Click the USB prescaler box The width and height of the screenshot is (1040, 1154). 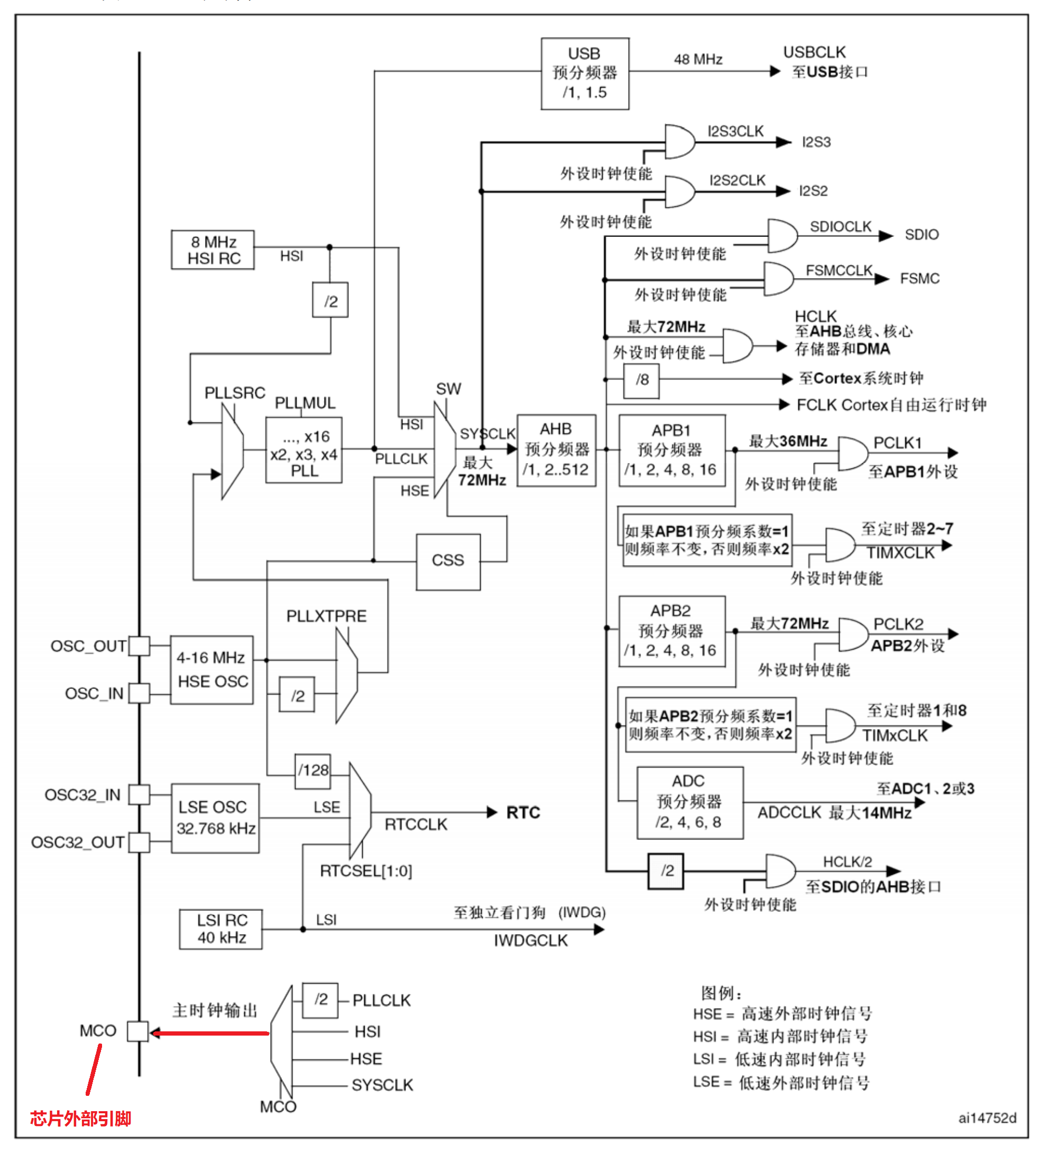click(585, 73)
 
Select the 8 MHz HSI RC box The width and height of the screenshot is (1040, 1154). click(213, 250)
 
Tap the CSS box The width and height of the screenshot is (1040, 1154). click(448, 562)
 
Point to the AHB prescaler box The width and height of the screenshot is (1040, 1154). click(556, 450)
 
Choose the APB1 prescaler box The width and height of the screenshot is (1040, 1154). click(672, 450)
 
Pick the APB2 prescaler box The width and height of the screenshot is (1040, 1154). click(672, 631)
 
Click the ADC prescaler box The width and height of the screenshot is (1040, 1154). click(689, 802)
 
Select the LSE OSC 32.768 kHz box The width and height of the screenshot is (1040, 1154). click(215, 818)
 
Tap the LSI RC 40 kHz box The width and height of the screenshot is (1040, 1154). click(220, 929)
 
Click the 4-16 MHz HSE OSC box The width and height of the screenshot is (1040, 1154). click(211, 670)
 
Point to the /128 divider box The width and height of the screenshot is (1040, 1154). click(312, 771)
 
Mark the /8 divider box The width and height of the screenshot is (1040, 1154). click(641, 381)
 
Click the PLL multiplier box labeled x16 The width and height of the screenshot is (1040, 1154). click(304, 450)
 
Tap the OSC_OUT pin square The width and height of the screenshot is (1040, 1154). click(139, 646)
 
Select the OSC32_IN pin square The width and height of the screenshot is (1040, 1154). click(139, 794)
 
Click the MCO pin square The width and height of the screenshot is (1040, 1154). click(137, 1032)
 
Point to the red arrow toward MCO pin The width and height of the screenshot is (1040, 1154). click(209, 1033)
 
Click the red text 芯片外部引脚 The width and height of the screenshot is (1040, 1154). click(80, 1119)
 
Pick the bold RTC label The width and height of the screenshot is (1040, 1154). click(523, 813)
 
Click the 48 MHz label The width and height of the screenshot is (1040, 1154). click(698, 59)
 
